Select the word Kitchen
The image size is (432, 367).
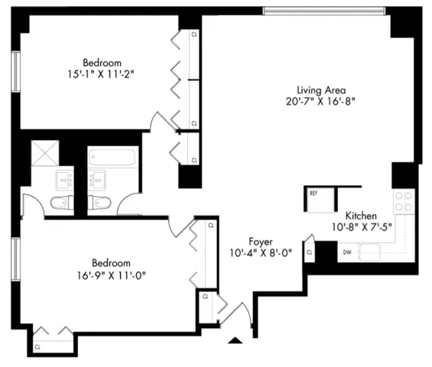click(359, 215)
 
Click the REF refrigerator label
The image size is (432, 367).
click(313, 193)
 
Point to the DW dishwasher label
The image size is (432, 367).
click(347, 252)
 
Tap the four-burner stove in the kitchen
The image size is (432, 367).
click(403, 201)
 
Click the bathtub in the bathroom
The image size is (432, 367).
click(112, 158)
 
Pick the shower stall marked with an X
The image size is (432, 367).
click(45, 153)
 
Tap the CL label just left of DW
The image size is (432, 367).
click(310, 252)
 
